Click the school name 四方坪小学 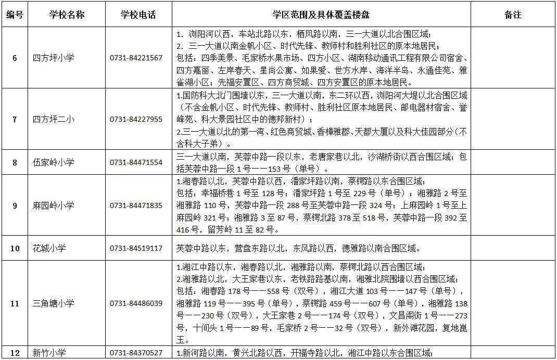point(53,58)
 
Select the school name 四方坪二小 point(53,119)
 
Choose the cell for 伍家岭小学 point(53,162)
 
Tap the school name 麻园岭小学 point(53,205)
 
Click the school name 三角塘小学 point(53,303)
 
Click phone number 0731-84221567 point(136,58)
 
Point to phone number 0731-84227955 point(136,119)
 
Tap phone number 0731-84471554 point(136,162)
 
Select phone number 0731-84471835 point(136,205)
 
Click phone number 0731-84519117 point(136,248)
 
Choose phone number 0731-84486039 point(136,303)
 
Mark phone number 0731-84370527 point(136,353)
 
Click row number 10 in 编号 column point(15,248)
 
